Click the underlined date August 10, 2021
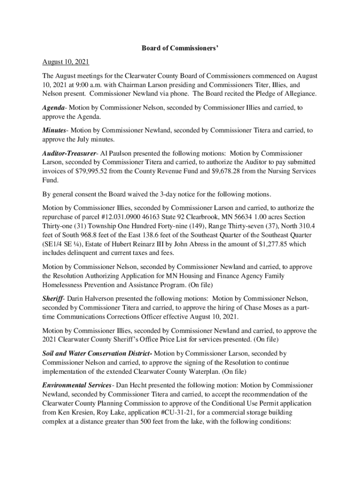(x=65, y=62)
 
